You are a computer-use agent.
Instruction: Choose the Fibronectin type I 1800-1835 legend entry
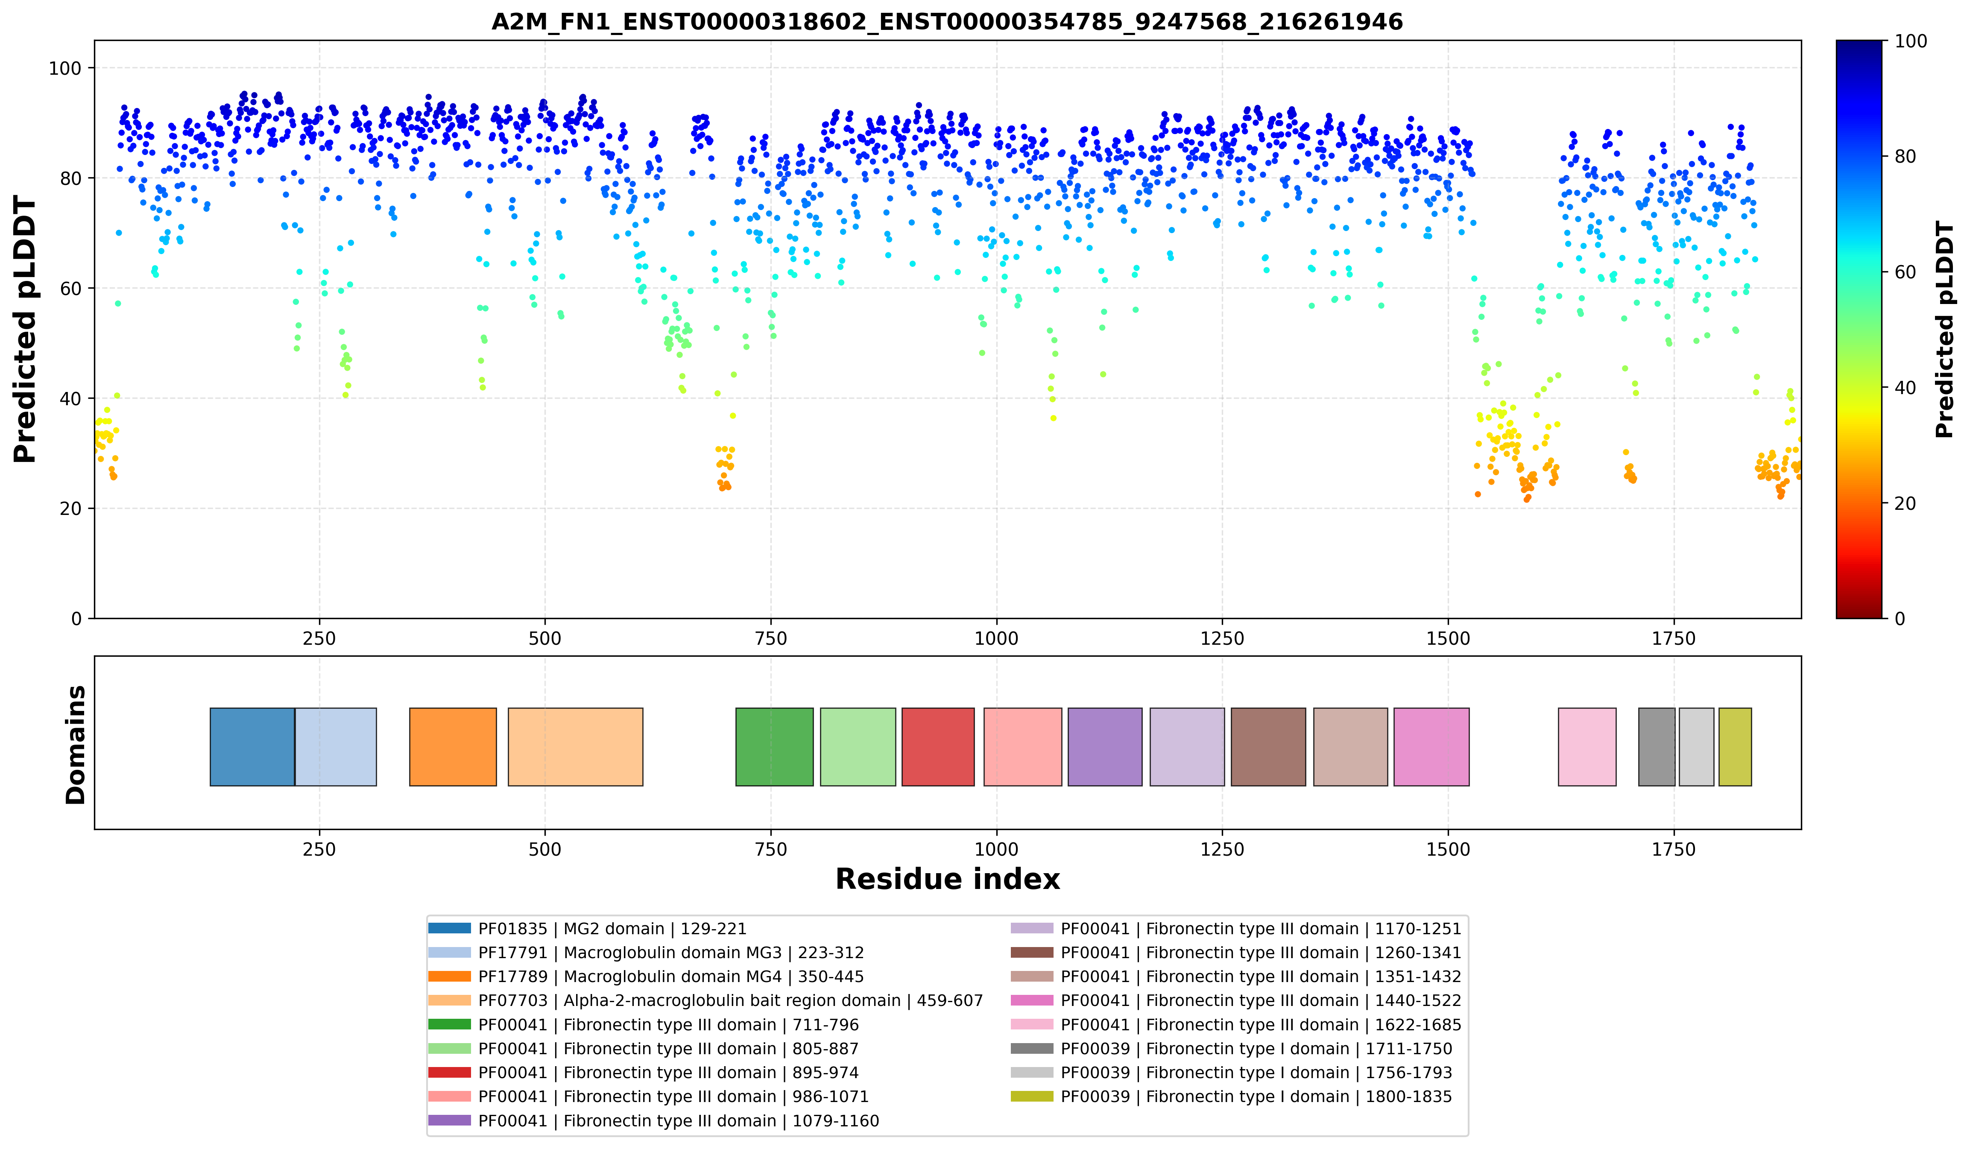point(1231,1096)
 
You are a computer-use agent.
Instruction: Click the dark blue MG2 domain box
point(252,746)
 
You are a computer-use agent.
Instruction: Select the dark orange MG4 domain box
point(453,746)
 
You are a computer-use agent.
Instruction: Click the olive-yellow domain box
point(1735,746)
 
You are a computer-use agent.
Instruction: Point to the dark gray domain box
point(1657,746)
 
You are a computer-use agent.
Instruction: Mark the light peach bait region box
point(575,746)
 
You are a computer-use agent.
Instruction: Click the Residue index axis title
point(948,879)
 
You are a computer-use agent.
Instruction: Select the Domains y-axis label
point(76,745)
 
